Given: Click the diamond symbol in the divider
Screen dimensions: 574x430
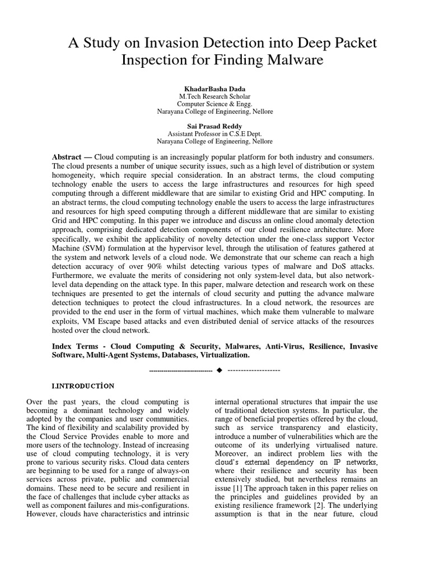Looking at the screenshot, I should pyautogui.click(x=219, y=371).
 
